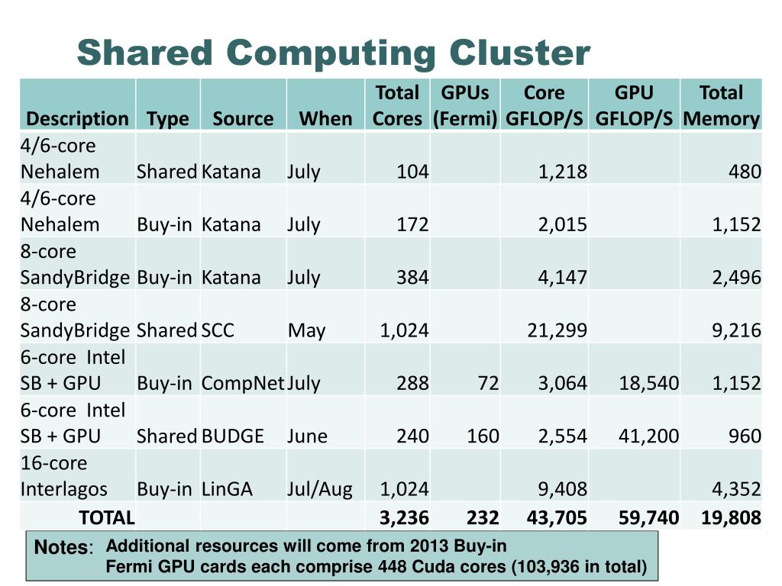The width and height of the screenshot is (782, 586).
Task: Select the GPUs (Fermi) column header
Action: (465, 105)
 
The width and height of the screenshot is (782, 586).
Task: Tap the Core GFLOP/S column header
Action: (544, 105)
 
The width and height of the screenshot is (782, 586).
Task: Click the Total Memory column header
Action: (721, 105)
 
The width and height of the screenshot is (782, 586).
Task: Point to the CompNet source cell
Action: (243, 383)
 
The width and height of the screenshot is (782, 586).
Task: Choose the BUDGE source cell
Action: (233, 436)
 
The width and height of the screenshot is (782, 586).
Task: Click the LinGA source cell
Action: (227, 489)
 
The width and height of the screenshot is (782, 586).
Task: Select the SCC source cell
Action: (218, 330)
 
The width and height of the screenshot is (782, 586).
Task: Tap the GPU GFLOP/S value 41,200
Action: (648, 436)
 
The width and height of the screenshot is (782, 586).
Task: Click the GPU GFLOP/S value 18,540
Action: (648, 383)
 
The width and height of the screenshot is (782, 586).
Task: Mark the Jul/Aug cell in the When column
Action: (320, 489)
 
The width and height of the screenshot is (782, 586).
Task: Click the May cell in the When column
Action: (306, 330)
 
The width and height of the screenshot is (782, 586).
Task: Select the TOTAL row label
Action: (107, 517)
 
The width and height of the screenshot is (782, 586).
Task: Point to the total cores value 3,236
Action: (404, 518)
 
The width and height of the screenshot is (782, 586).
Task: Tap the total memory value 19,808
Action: (731, 518)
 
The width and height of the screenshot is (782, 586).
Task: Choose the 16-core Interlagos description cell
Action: (64, 476)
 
